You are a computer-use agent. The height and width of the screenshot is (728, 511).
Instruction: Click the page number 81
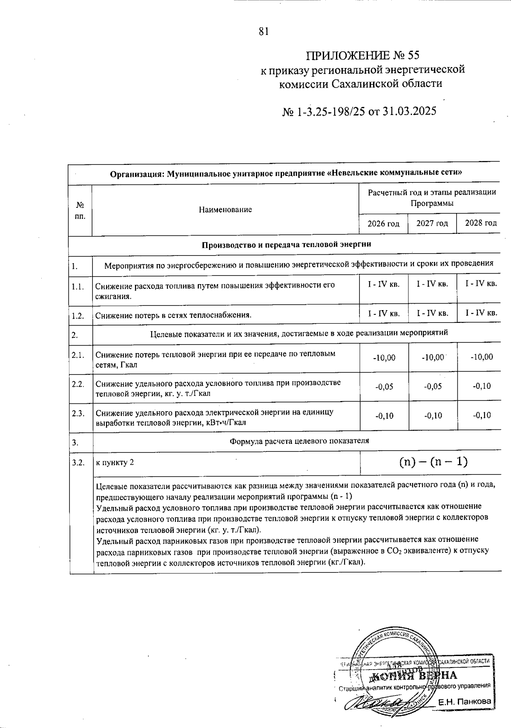tap(264, 32)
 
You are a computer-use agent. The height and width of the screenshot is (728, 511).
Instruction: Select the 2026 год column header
tap(384, 223)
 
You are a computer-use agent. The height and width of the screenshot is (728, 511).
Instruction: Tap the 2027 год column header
tap(432, 223)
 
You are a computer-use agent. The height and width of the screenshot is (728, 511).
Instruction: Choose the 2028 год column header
tap(481, 223)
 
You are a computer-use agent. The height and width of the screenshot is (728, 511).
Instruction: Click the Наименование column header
tap(225, 209)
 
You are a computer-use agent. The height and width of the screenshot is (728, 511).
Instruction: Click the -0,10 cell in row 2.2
tap(482, 386)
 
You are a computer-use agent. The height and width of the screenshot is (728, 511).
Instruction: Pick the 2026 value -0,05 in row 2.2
tap(384, 387)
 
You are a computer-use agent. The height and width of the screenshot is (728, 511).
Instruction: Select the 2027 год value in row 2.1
tap(433, 357)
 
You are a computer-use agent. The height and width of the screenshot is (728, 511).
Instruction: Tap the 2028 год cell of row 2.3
tap(482, 416)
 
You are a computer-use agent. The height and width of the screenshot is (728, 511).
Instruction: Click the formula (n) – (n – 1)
tap(433, 462)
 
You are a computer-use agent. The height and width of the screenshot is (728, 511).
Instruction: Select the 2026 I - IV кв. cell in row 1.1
tap(384, 284)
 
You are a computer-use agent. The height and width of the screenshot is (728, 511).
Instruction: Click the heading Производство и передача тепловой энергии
tap(286, 245)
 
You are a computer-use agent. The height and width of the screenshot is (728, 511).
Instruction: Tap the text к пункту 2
tap(115, 463)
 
